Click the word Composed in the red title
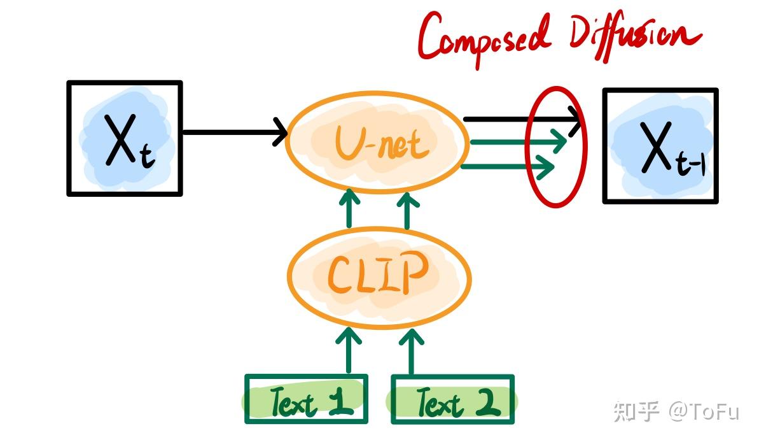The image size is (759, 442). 484,39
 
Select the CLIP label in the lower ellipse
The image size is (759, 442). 377,273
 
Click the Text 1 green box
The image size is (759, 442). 307,399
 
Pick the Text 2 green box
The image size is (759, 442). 452,399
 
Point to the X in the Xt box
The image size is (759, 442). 121,141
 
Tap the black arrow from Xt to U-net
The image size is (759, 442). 235,132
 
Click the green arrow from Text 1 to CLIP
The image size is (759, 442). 349,350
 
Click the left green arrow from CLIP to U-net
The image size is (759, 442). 349,208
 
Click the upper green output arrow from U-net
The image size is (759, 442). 518,141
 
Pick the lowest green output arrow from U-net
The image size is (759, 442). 507,167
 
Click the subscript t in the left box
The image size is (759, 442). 147,156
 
